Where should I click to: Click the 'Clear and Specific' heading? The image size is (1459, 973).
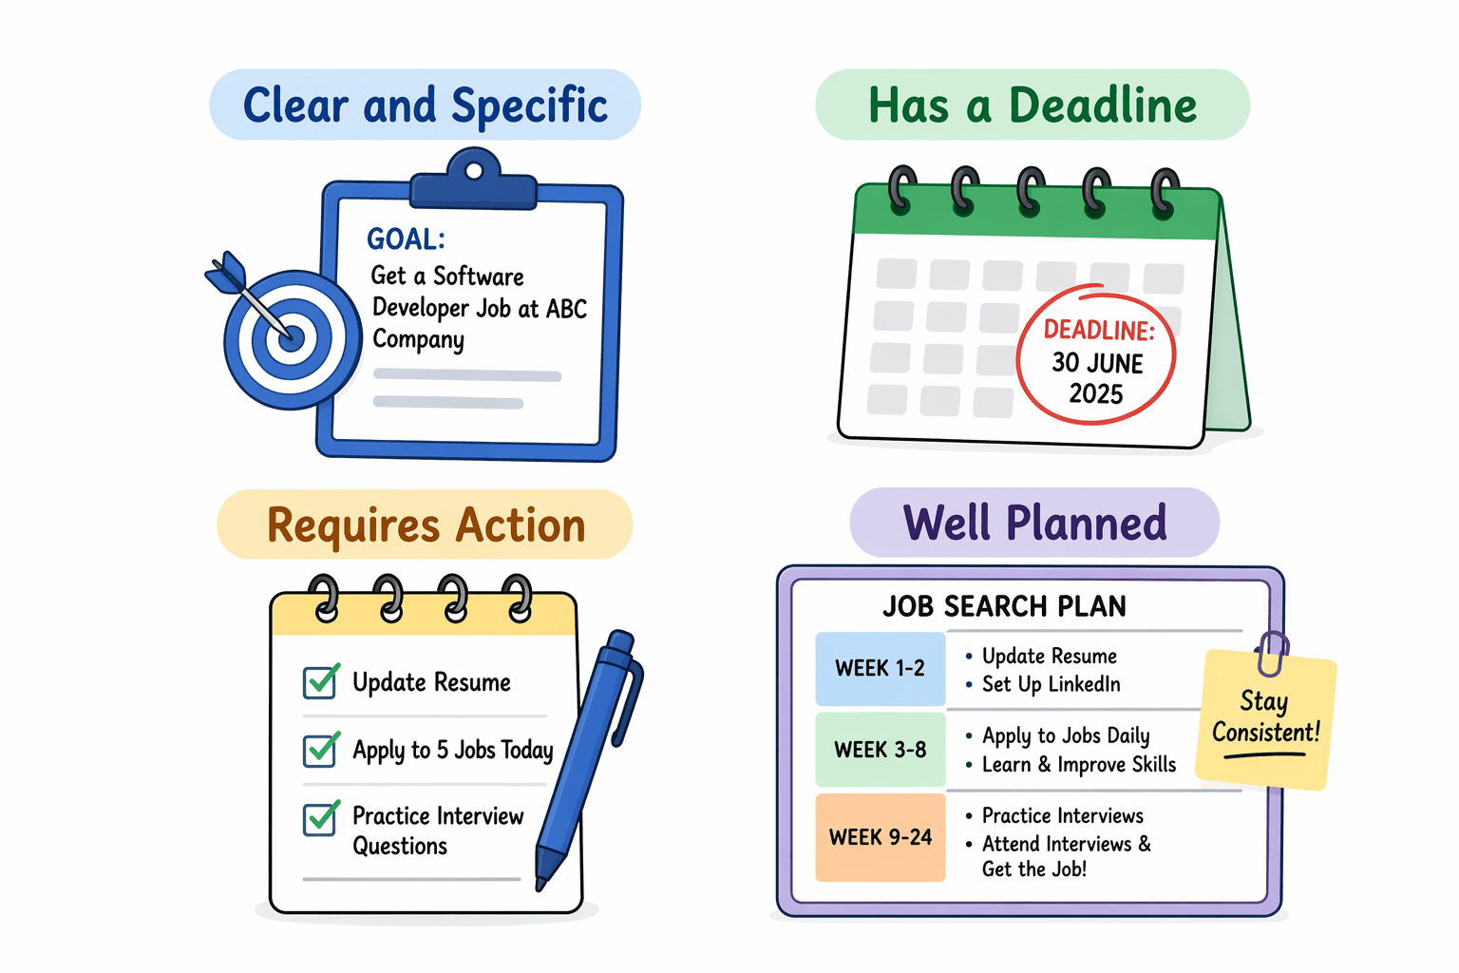(425, 105)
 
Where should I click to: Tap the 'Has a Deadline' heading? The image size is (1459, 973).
(1033, 105)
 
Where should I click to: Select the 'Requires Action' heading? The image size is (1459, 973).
(425, 525)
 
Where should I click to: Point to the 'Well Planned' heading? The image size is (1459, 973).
(1034, 523)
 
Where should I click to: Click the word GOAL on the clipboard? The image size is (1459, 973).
(406, 238)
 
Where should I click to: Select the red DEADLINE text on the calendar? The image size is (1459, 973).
(1099, 330)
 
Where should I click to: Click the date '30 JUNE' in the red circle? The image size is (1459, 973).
(1097, 363)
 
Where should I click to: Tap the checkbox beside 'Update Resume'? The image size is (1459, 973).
(320, 682)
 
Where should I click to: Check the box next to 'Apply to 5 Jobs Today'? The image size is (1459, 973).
(320, 750)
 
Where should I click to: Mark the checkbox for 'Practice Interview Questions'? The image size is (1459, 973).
(320, 819)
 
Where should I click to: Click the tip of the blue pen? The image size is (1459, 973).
(541, 884)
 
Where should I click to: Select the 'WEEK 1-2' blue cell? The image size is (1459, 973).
(881, 669)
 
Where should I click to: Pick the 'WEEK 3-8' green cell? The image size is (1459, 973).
(881, 750)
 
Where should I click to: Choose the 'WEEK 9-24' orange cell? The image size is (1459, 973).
(881, 837)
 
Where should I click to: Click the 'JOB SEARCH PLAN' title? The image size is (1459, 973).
(1004, 606)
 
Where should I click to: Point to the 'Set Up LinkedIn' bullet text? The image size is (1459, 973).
(1051, 684)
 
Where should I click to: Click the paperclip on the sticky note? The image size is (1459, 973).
(1272, 654)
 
